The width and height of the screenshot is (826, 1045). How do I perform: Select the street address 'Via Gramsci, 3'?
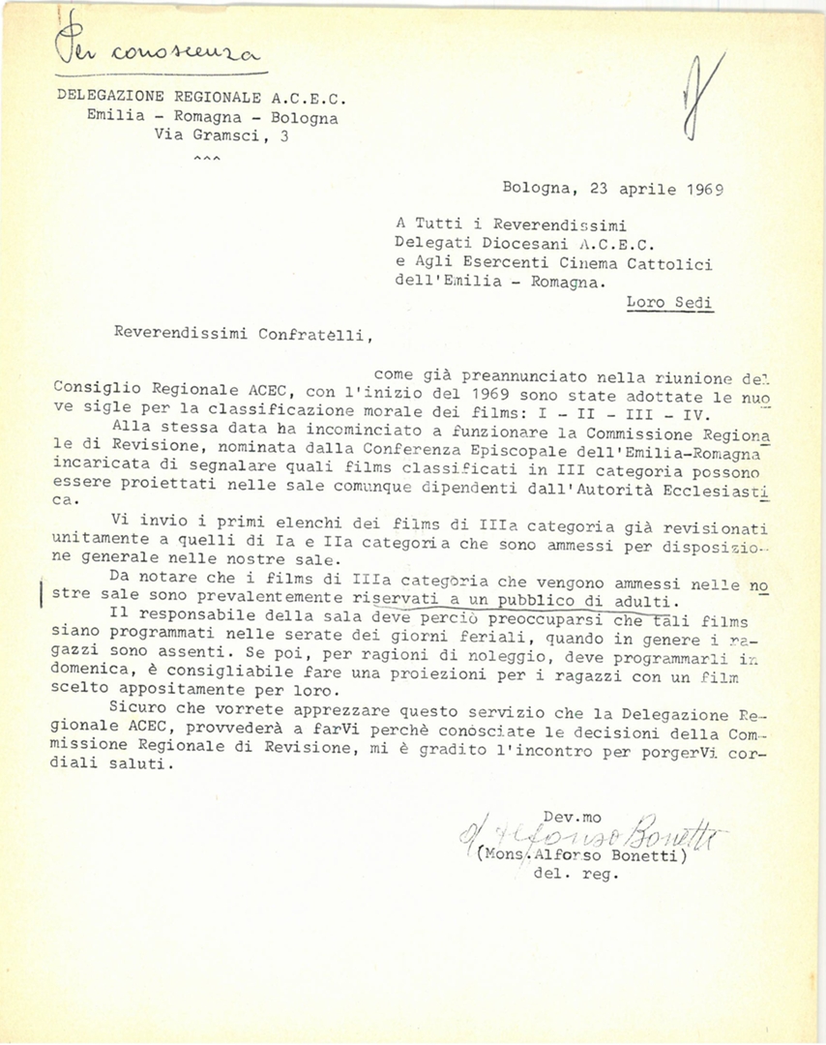[221, 136]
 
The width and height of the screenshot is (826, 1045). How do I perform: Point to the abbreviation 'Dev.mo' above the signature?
[572, 817]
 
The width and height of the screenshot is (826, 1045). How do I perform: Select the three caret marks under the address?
[207, 157]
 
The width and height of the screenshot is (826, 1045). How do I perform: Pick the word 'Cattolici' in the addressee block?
[673, 262]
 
